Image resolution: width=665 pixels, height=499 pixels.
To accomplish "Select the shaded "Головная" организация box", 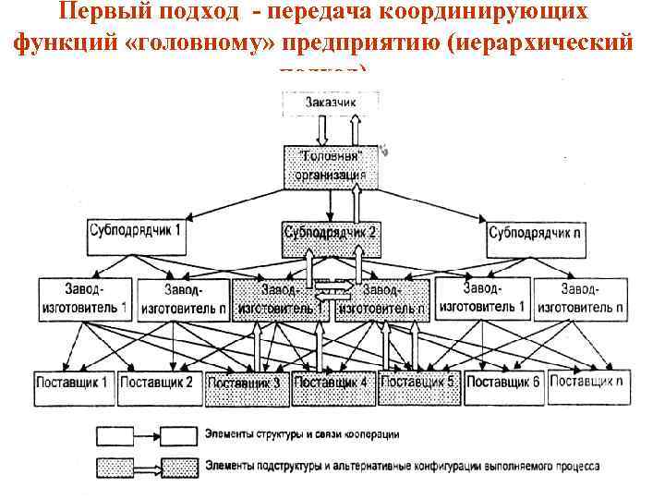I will (331, 164).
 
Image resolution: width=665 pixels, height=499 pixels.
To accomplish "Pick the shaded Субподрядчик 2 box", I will (331, 234).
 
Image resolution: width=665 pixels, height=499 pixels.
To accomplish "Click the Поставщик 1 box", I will (74, 380).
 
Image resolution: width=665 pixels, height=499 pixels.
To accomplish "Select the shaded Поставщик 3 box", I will (243, 383).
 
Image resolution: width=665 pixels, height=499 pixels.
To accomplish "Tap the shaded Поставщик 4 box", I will (333, 382).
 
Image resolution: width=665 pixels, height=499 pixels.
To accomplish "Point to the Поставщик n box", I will (588, 380).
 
